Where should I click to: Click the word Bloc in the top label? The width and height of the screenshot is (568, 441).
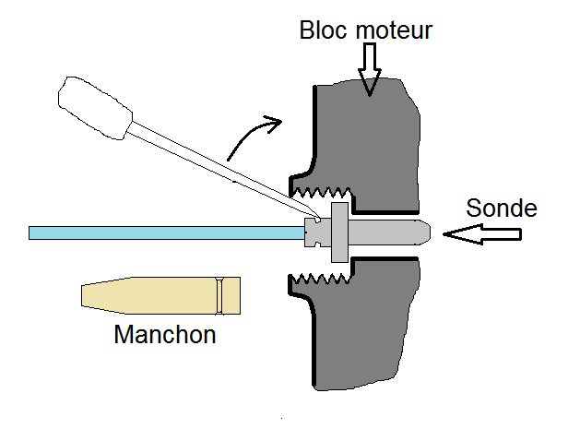(323, 30)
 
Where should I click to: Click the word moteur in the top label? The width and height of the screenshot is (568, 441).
(394, 30)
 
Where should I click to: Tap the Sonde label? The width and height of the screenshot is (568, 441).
(502, 208)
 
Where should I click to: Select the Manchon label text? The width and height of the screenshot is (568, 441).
(165, 334)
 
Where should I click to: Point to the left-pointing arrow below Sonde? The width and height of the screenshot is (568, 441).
(482, 234)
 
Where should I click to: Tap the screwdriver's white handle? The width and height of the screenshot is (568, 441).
(95, 108)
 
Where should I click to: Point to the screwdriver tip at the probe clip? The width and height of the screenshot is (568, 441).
(318, 220)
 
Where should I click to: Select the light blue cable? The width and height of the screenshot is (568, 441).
(167, 233)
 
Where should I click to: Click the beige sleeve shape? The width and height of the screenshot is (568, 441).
(160, 295)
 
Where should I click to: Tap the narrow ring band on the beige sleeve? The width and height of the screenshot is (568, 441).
(219, 295)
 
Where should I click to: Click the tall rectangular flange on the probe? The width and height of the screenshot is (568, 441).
(339, 232)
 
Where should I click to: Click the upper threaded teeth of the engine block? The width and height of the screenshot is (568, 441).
(321, 193)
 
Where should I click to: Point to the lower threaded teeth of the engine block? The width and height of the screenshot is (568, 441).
(321, 279)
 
